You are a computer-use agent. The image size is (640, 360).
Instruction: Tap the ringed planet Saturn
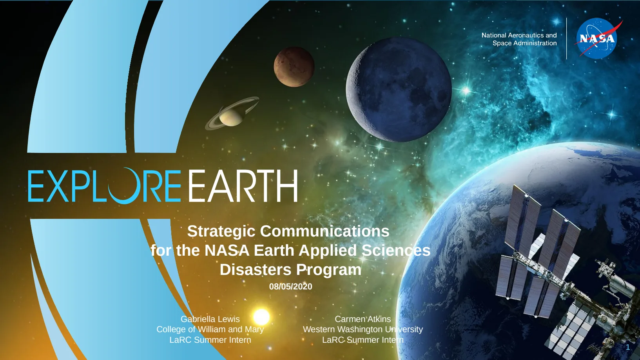point(232,114)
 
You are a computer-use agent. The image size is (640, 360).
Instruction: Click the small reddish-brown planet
point(294,67)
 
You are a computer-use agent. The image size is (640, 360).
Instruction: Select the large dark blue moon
point(399,89)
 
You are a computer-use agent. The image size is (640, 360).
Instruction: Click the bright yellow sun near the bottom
point(261,317)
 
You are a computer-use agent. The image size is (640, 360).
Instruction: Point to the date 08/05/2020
point(290,287)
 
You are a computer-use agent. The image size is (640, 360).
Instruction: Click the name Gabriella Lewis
point(210,319)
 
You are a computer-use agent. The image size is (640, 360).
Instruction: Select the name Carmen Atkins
point(363,319)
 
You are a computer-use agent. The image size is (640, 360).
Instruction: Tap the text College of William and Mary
point(210,329)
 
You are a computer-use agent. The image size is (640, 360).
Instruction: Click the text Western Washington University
point(363,329)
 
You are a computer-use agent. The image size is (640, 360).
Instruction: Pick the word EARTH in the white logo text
point(243,186)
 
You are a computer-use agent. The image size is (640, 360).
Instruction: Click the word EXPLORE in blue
point(105,186)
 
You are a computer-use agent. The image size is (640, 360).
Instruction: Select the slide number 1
point(628,347)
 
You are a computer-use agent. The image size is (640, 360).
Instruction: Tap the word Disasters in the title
point(256,270)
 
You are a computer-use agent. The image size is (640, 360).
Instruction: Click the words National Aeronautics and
point(519,35)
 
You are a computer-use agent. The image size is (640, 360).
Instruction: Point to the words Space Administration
point(524,43)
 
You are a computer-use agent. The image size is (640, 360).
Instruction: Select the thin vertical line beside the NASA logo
point(567,38)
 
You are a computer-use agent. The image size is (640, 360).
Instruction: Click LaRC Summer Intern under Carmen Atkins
point(363,340)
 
